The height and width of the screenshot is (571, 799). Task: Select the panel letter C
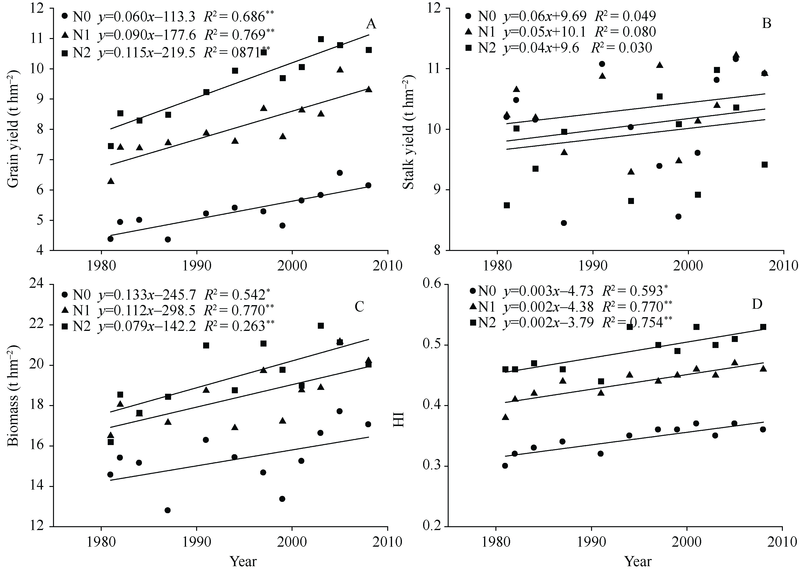tap(359, 307)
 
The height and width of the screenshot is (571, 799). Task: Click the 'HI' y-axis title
tap(399, 419)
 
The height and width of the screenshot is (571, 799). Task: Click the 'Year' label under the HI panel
tap(638, 561)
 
